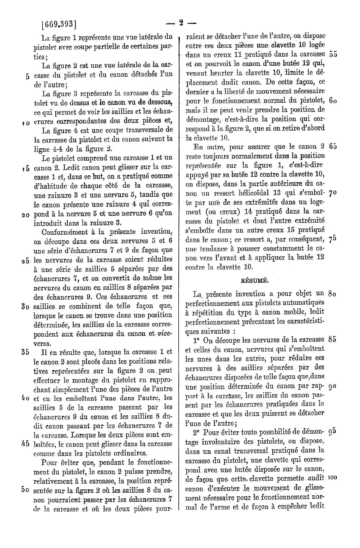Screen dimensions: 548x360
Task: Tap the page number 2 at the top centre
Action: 181,24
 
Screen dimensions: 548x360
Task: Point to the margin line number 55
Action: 333,54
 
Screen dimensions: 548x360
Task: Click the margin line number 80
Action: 332,293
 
